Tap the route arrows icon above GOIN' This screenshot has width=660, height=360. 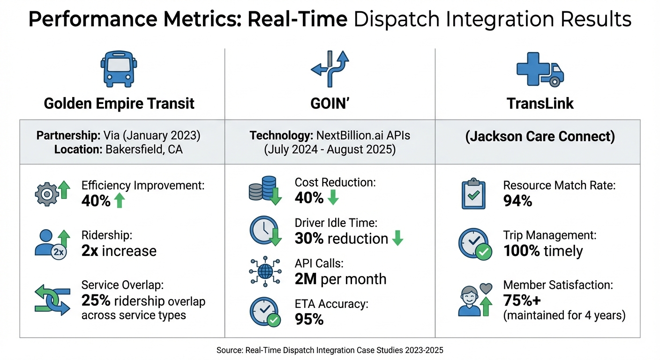(330, 69)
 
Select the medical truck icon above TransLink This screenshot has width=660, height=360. (540, 70)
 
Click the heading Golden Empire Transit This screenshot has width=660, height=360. (119, 103)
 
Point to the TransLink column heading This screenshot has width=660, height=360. (540, 103)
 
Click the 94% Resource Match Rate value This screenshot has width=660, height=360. (517, 201)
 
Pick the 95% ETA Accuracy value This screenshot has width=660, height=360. (309, 319)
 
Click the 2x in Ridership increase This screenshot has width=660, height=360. (90, 251)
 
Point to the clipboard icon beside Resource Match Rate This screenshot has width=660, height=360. (473, 194)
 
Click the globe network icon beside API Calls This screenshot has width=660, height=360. (264, 271)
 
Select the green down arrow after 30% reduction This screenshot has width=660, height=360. (397, 239)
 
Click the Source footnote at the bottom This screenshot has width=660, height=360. (330, 350)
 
